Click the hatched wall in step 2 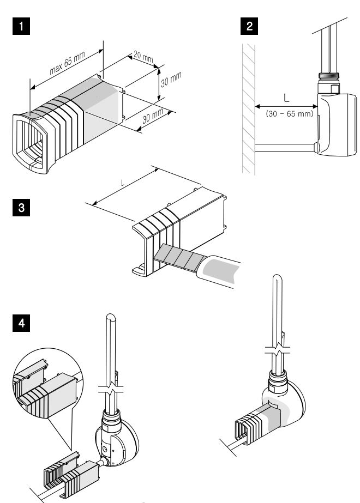click(x=247, y=109)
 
